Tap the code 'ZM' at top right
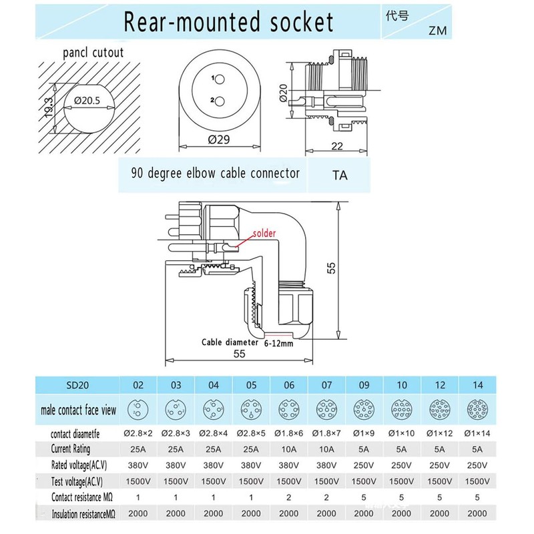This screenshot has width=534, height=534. [439, 30]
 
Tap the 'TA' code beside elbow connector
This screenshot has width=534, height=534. [341, 176]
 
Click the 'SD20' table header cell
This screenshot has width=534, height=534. [79, 385]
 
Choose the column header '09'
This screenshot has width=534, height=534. [364, 385]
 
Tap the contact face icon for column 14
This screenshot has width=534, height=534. [478, 408]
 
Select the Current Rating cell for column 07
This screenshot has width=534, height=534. [326, 449]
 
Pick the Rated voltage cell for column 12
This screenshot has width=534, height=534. [440, 465]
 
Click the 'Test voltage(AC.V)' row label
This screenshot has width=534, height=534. [80, 481]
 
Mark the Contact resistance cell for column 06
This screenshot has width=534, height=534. [288, 497]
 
